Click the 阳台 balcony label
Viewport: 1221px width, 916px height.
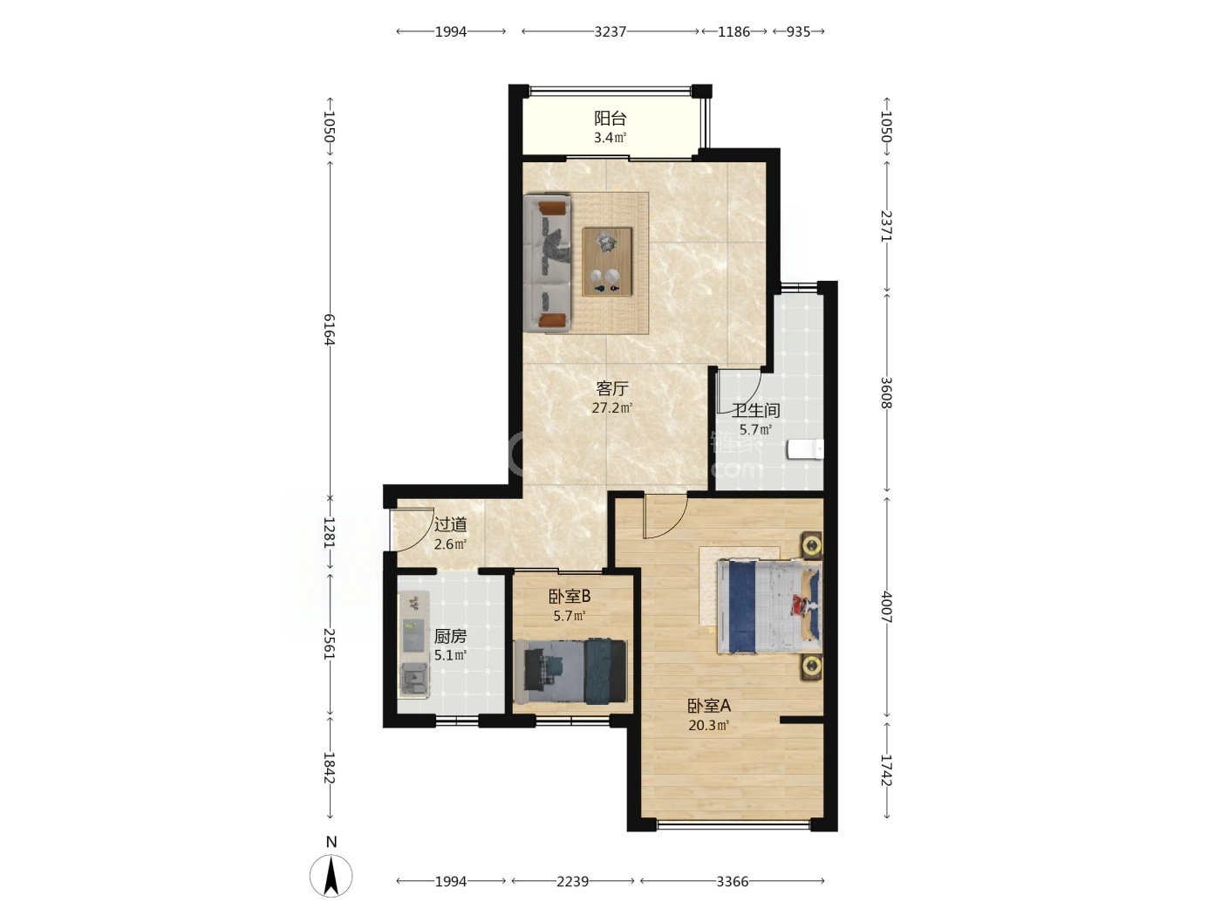[x=610, y=119]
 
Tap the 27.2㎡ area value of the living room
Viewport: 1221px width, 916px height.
[x=611, y=408]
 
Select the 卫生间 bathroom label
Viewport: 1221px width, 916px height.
[x=755, y=410]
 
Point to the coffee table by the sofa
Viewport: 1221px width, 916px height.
[x=607, y=262]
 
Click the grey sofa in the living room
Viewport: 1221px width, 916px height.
[x=547, y=263]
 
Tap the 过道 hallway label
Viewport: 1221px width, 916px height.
[x=450, y=524]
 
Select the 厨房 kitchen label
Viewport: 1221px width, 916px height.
[x=450, y=636]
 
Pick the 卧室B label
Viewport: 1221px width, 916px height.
[x=569, y=597]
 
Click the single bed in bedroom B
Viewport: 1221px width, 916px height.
[x=570, y=672]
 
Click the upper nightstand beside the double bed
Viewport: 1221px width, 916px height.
[x=811, y=545]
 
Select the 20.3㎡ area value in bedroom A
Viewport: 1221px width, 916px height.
[x=709, y=726]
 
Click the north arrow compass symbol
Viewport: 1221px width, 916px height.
[x=331, y=876]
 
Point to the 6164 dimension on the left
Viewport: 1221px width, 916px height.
[x=330, y=329]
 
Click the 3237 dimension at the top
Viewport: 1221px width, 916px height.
[x=610, y=31]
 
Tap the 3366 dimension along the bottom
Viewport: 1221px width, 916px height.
[x=732, y=881]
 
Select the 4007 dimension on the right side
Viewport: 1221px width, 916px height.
[x=887, y=607]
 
